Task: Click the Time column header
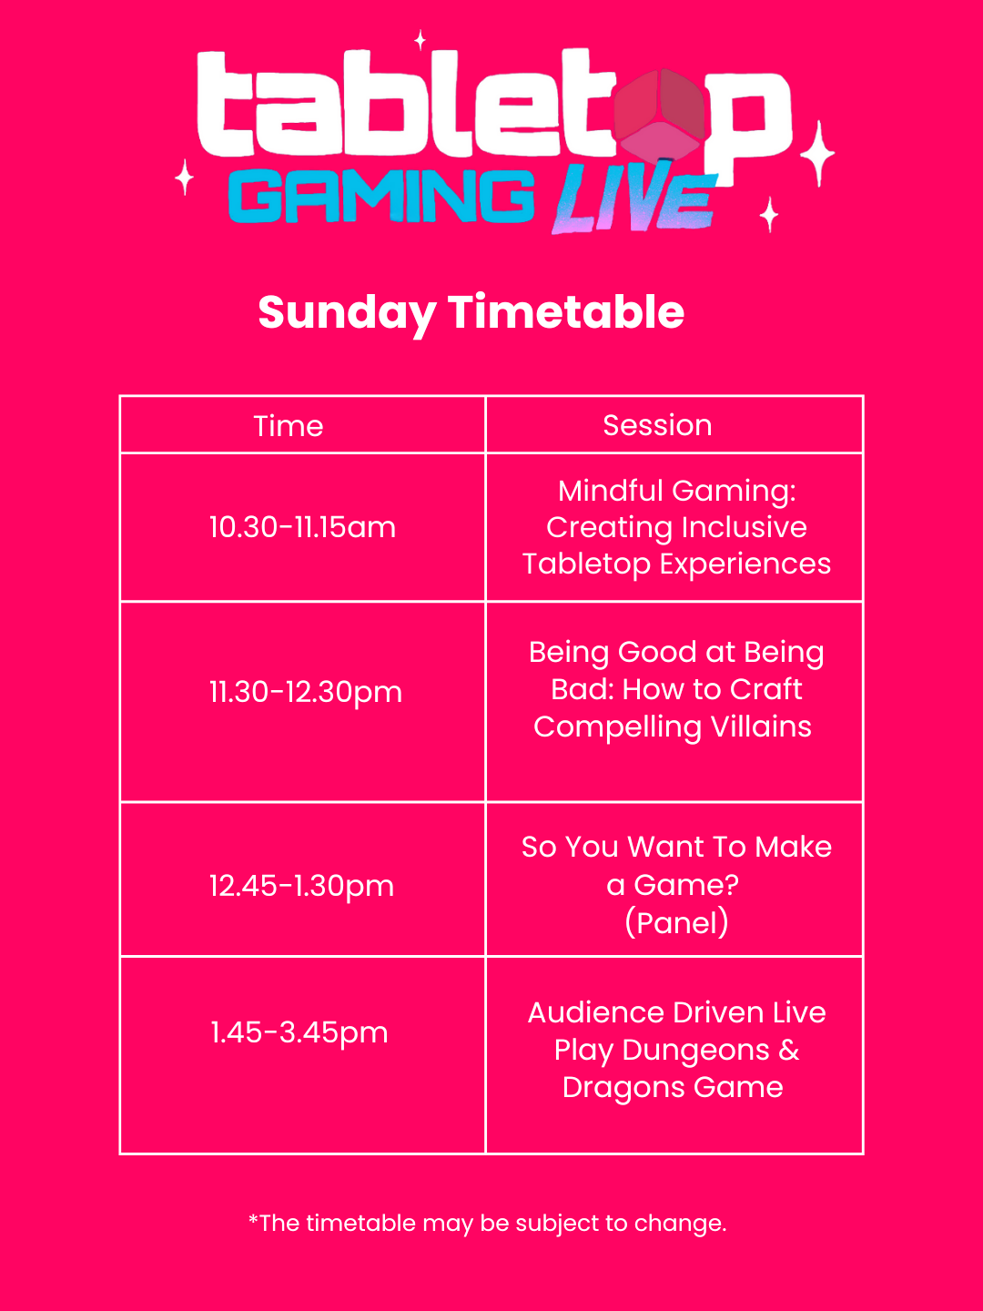[x=289, y=426]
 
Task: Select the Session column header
[x=657, y=425]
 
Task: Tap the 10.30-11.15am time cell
[x=302, y=527]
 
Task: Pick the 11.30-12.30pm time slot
[x=305, y=692]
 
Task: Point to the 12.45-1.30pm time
[x=301, y=886]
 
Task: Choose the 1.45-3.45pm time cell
[x=299, y=1032]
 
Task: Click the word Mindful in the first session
[x=610, y=491]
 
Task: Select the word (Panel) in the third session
[x=676, y=923]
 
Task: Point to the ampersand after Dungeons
[x=789, y=1050]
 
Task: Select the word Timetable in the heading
[x=566, y=312]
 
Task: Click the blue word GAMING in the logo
[x=381, y=198]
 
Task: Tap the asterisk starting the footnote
[x=253, y=1219]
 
